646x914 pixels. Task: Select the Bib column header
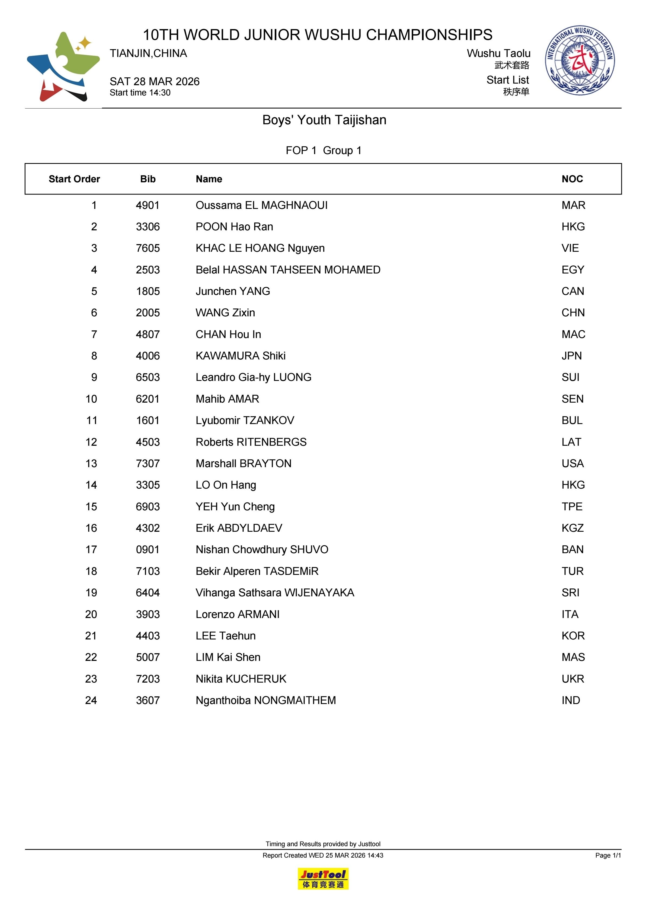148,179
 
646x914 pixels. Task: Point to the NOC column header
572,179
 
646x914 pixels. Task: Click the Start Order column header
74,179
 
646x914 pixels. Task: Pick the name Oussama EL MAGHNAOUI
261,205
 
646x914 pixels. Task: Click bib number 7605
148,249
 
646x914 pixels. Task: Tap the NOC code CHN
573,313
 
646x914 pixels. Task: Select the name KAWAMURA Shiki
240,356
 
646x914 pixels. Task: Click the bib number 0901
148,550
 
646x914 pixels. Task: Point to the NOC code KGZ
572,528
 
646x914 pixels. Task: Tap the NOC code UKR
573,679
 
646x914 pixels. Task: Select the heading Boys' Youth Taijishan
324,120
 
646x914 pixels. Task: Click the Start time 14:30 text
140,93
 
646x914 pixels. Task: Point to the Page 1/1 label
608,855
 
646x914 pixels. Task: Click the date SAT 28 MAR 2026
154,82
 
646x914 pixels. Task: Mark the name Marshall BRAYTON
243,464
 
